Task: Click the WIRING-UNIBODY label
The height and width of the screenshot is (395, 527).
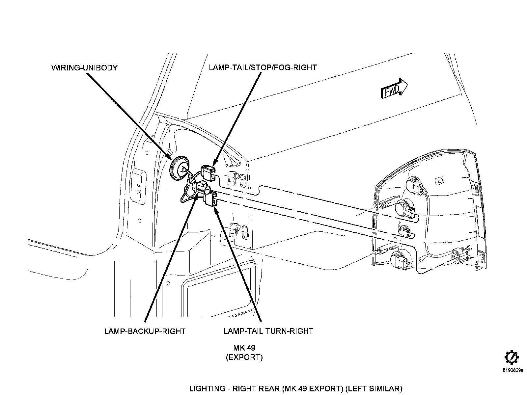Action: click(85, 67)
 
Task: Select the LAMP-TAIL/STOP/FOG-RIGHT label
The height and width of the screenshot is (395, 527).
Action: click(263, 67)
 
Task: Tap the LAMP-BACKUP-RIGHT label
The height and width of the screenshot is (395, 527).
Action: click(145, 331)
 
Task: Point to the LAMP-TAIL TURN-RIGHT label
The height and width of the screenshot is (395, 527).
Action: click(268, 331)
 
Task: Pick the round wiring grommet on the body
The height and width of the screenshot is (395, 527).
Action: click(179, 168)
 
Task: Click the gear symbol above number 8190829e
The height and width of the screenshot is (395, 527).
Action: click(512, 358)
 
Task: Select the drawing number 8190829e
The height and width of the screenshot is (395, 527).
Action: click(513, 370)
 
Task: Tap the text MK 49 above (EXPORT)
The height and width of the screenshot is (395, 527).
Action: click(244, 348)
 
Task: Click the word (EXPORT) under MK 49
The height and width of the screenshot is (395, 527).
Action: click(244, 357)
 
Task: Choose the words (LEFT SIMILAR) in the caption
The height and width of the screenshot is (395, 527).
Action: click(375, 388)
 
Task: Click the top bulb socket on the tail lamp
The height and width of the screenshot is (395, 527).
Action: click(415, 186)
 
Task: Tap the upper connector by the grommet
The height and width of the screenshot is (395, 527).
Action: click(208, 172)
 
